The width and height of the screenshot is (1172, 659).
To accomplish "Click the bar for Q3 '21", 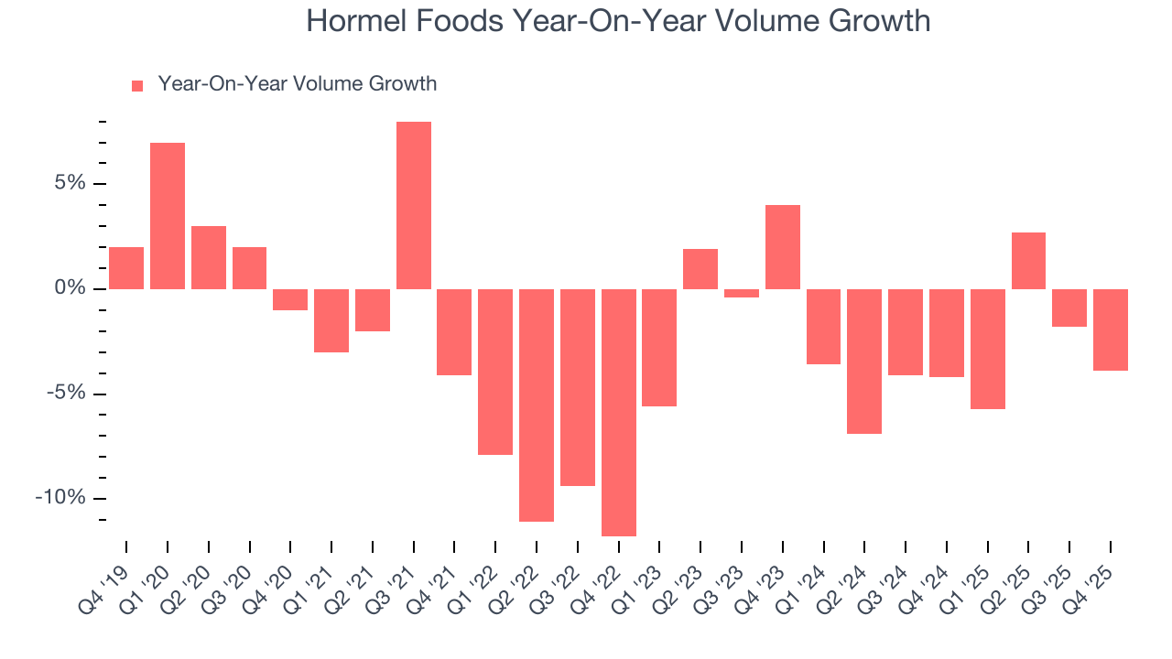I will click(414, 205).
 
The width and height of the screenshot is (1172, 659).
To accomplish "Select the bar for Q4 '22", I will click(619, 412).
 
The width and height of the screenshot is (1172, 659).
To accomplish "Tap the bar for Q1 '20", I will click(168, 216).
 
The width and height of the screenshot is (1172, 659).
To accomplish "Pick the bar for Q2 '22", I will click(537, 405).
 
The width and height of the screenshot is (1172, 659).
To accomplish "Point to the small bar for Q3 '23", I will click(742, 293).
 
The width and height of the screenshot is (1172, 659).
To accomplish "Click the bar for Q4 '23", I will click(783, 247).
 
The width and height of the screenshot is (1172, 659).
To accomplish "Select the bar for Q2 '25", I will click(1028, 261).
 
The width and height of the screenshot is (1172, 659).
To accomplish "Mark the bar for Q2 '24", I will click(864, 361).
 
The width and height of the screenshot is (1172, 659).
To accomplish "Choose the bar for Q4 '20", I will click(290, 299).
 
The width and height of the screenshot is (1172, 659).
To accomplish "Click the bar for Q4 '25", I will click(1111, 329).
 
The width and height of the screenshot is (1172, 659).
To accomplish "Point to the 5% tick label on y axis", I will click(71, 184).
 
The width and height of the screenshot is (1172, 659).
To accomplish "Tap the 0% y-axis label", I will click(71, 289).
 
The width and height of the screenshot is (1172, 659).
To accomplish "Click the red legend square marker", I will click(137, 86).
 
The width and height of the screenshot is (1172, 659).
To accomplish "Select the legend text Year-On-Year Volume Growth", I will click(297, 84).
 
